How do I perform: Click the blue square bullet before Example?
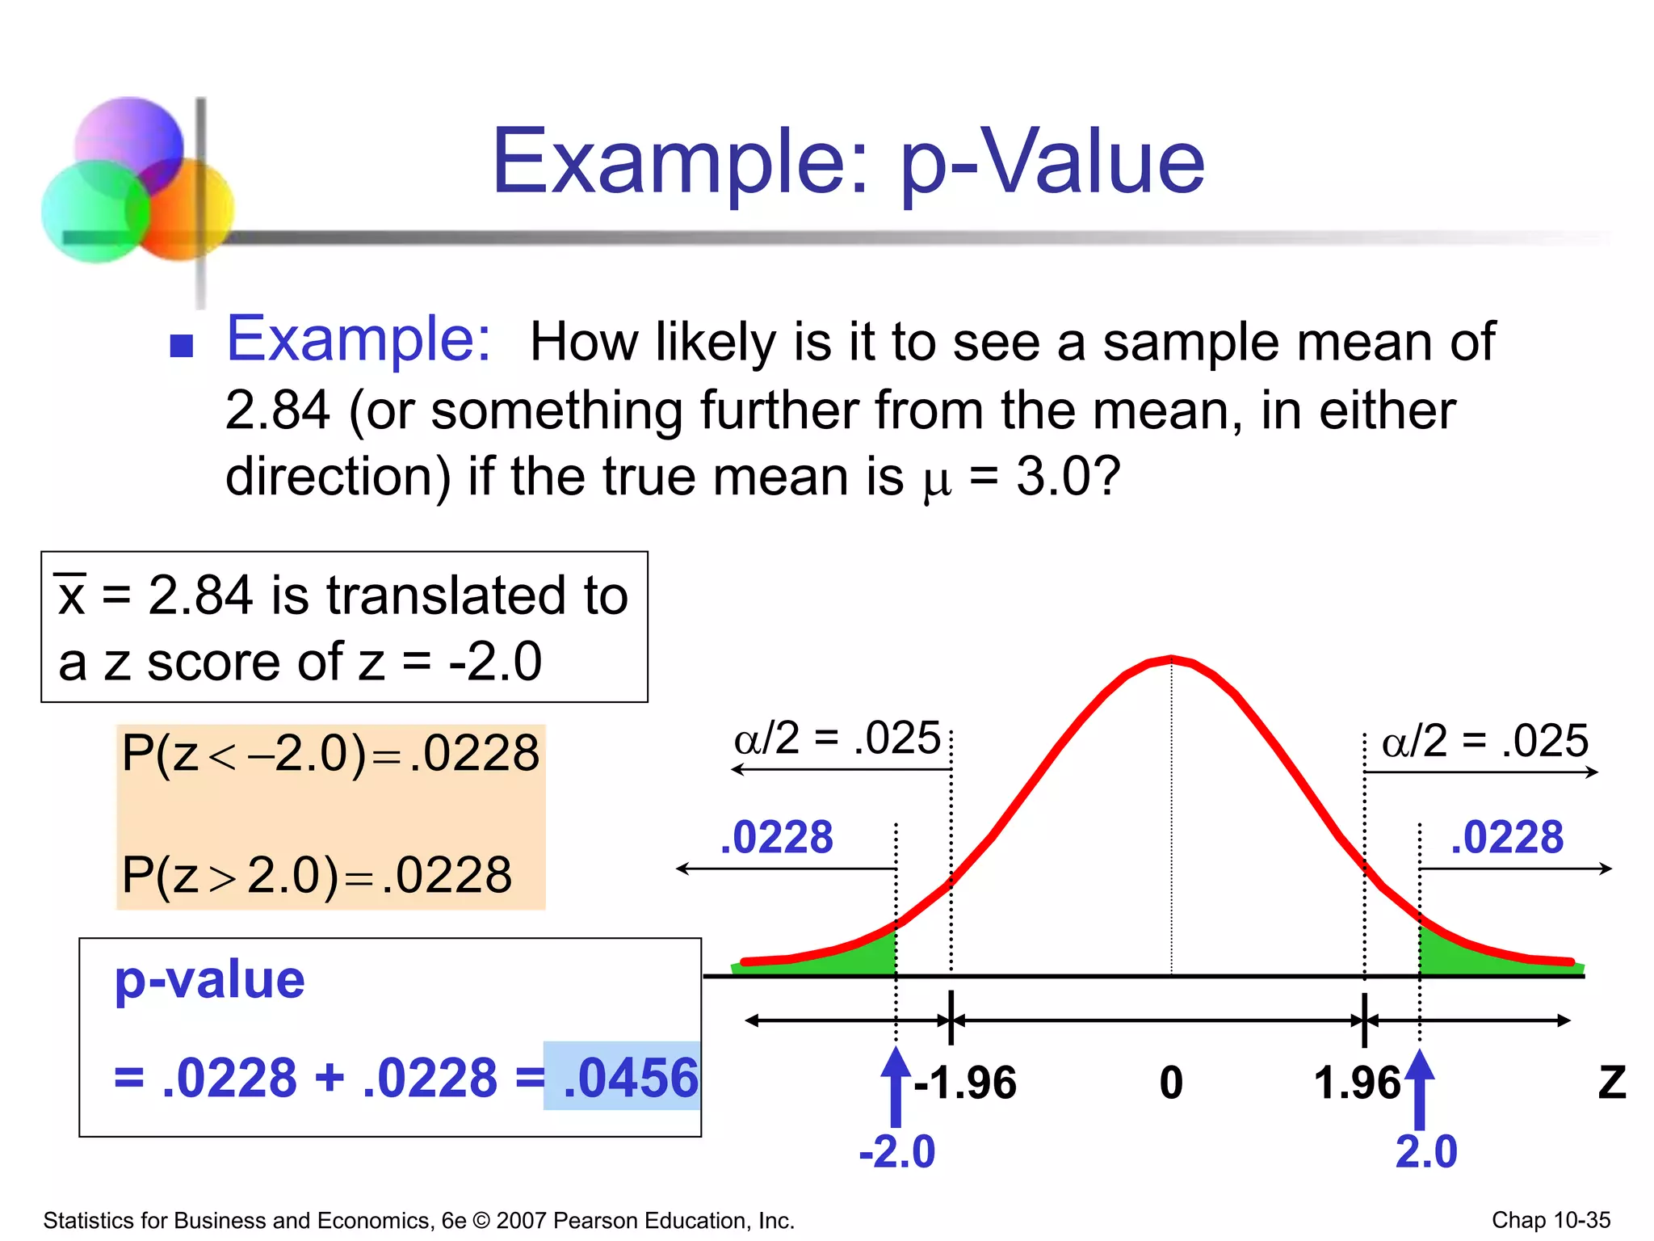(x=182, y=345)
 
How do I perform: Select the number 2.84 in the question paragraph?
(x=277, y=410)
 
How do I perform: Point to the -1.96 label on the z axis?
(x=965, y=1083)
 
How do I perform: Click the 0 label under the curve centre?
(x=1171, y=1083)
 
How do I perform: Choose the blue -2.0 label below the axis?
(x=897, y=1151)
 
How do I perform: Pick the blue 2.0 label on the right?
(x=1426, y=1151)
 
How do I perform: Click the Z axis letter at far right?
(x=1612, y=1083)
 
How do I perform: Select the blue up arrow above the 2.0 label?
(x=1420, y=1087)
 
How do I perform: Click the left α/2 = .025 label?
(x=837, y=738)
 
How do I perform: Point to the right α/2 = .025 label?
(x=1484, y=741)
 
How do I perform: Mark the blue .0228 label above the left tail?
(x=777, y=837)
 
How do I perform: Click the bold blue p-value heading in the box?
(x=210, y=980)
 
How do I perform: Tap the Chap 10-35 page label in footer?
(x=1551, y=1220)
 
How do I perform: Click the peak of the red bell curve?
(x=1171, y=658)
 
